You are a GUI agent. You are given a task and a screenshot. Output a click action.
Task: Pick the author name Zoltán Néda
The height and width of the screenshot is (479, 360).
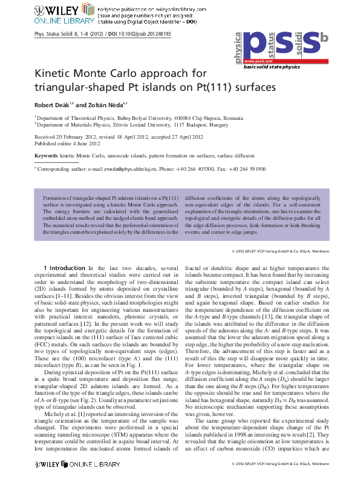click(109, 104)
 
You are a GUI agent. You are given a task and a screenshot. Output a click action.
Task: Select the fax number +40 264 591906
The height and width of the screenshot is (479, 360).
click(267, 170)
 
